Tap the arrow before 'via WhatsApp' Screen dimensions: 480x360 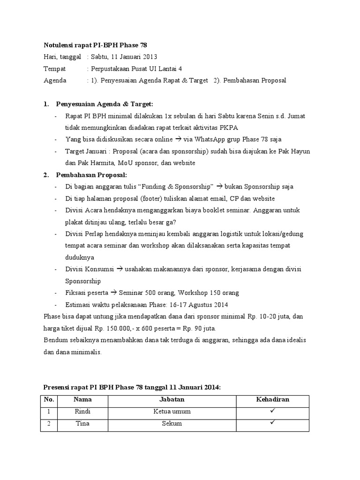(178, 139)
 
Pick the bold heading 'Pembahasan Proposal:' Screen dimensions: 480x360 (88, 175)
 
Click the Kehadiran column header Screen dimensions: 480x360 (272, 400)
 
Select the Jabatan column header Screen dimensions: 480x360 (172, 400)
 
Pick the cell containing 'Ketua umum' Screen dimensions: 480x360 (172, 412)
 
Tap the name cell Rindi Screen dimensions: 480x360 (82, 412)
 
